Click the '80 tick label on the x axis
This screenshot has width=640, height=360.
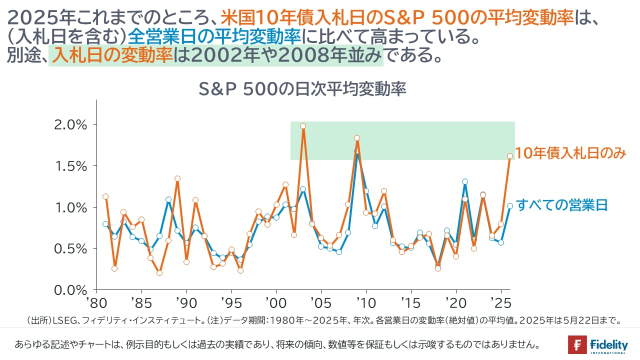tap(97, 304)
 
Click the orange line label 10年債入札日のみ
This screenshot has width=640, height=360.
tap(570, 154)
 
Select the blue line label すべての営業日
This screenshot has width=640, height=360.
tap(561, 205)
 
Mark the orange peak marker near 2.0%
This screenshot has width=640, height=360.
tap(303, 126)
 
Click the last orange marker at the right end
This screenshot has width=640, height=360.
tap(510, 156)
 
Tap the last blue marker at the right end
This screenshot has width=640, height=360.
tap(510, 205)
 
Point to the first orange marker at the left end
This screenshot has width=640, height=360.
tap(105, 196)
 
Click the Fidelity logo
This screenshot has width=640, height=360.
tap(598, 345)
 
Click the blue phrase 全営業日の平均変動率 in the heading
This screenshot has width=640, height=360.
tap(214, 36)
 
